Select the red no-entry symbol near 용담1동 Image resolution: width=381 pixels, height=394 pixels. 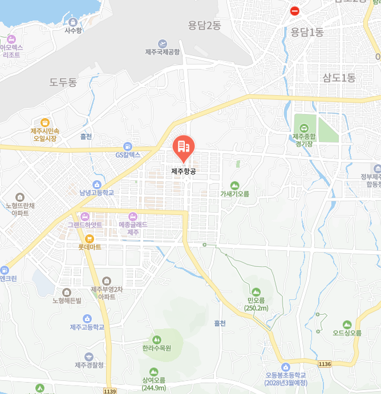pyautogui.click(x=294, y=11)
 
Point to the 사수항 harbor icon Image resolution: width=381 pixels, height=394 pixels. pyautogui.click(x=73, y=21)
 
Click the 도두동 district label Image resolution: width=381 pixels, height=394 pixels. pyautogui.click(x=63, y=83)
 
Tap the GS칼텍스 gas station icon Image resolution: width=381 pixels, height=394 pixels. pyautogui.click(x=128, y=146)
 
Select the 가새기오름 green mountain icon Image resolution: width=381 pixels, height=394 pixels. pyautogui.click(x=234, y=185)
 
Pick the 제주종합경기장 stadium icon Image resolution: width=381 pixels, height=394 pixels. pyautogui.click(x=303, y=128)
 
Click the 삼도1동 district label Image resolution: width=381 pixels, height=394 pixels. pyautogui.click(x=339, y=78)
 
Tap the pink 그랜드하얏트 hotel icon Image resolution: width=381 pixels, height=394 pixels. pyautogui.click(x=84, y=216)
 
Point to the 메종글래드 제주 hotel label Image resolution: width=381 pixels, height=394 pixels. pyautogui.click(x=133, y=228)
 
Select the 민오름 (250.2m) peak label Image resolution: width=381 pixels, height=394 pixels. pyautogui.click(x=256, y=304)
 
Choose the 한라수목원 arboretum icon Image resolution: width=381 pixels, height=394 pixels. pyautogui.click(x=157, y=339)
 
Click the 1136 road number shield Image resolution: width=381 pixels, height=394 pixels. pyautogui.click(x=325, y=364)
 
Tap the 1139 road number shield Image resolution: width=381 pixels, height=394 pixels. pyautogui.click(x=110, y=391)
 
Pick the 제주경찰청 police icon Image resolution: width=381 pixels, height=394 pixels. pyautogui.click(x=89, y=356)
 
